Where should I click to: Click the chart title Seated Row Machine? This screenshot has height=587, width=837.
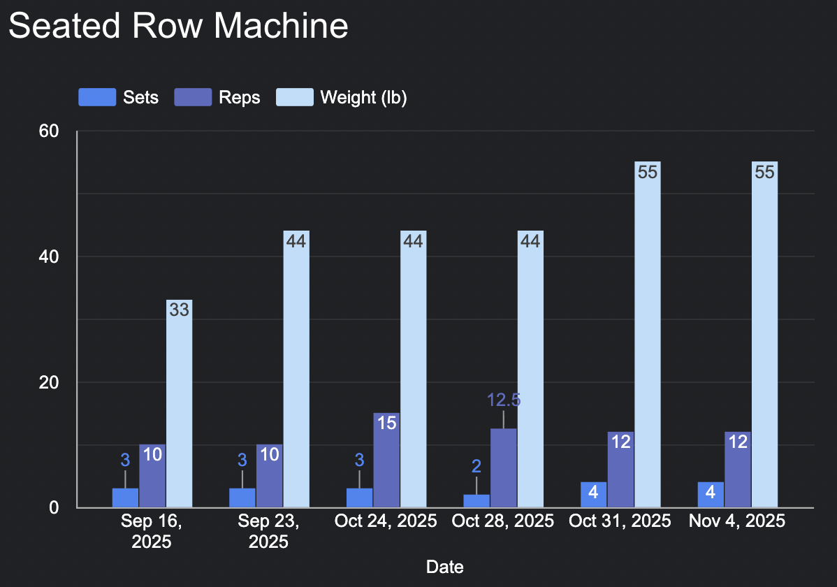pyautogui.click(x=178, y=27)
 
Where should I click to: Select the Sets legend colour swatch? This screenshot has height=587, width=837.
pyautogui.click(x=96, y=97)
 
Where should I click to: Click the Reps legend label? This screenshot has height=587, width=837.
pyautogui.click(x=239, y=97)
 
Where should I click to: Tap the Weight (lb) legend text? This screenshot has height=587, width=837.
pyautogui.click(x=363, y=97)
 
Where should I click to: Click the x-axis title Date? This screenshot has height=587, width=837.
pyautogui.click(x=445, y=567)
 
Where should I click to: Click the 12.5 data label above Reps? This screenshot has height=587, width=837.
pyautogui.click(x=504, y=400)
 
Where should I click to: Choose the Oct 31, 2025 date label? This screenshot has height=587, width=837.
pyautogui.click(x=620, y=521)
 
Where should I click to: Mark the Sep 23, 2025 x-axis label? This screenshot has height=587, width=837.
pyautogui.click(x=268, y=531)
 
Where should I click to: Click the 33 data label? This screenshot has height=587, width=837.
pyautogui.click(x=179, y=310)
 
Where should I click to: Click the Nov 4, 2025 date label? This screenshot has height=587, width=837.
pyautogui.click(x=737, y=521)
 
